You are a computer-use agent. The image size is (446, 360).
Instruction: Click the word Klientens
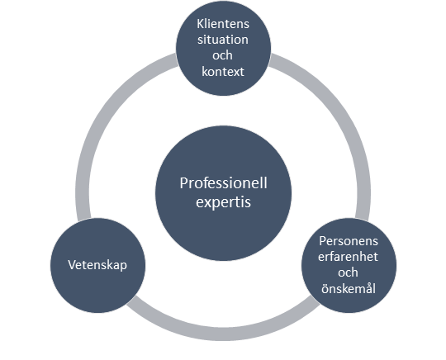click(x=223, y=24)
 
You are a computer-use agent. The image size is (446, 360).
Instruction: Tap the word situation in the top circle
click(x=223, y=40)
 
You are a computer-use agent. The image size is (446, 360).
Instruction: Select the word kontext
click(x=223, y=71)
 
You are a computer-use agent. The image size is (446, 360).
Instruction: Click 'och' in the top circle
click(x=222, y=55)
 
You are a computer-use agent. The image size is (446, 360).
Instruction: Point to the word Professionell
click(x=224, y=183)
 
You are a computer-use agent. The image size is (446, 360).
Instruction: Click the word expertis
click(x=224, y=202)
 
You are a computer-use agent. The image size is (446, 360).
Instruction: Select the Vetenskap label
click(x=97, y=265)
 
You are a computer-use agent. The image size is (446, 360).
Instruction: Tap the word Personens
click(x=349, y=241)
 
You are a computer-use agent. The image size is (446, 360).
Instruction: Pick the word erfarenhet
click(x=349, y=257)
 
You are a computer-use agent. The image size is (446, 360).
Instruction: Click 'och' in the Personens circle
click(x=348, y=272)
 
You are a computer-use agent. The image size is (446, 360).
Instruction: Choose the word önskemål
click(x=349, y=288)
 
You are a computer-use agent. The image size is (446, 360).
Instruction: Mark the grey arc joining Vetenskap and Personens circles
click(x=224, y=334)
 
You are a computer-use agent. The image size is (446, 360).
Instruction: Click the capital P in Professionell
click(x=183, y=183)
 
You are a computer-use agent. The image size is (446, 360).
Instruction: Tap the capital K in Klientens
click(x=201, y=24)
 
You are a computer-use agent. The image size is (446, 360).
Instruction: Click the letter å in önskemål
click(x=369, y=288)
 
